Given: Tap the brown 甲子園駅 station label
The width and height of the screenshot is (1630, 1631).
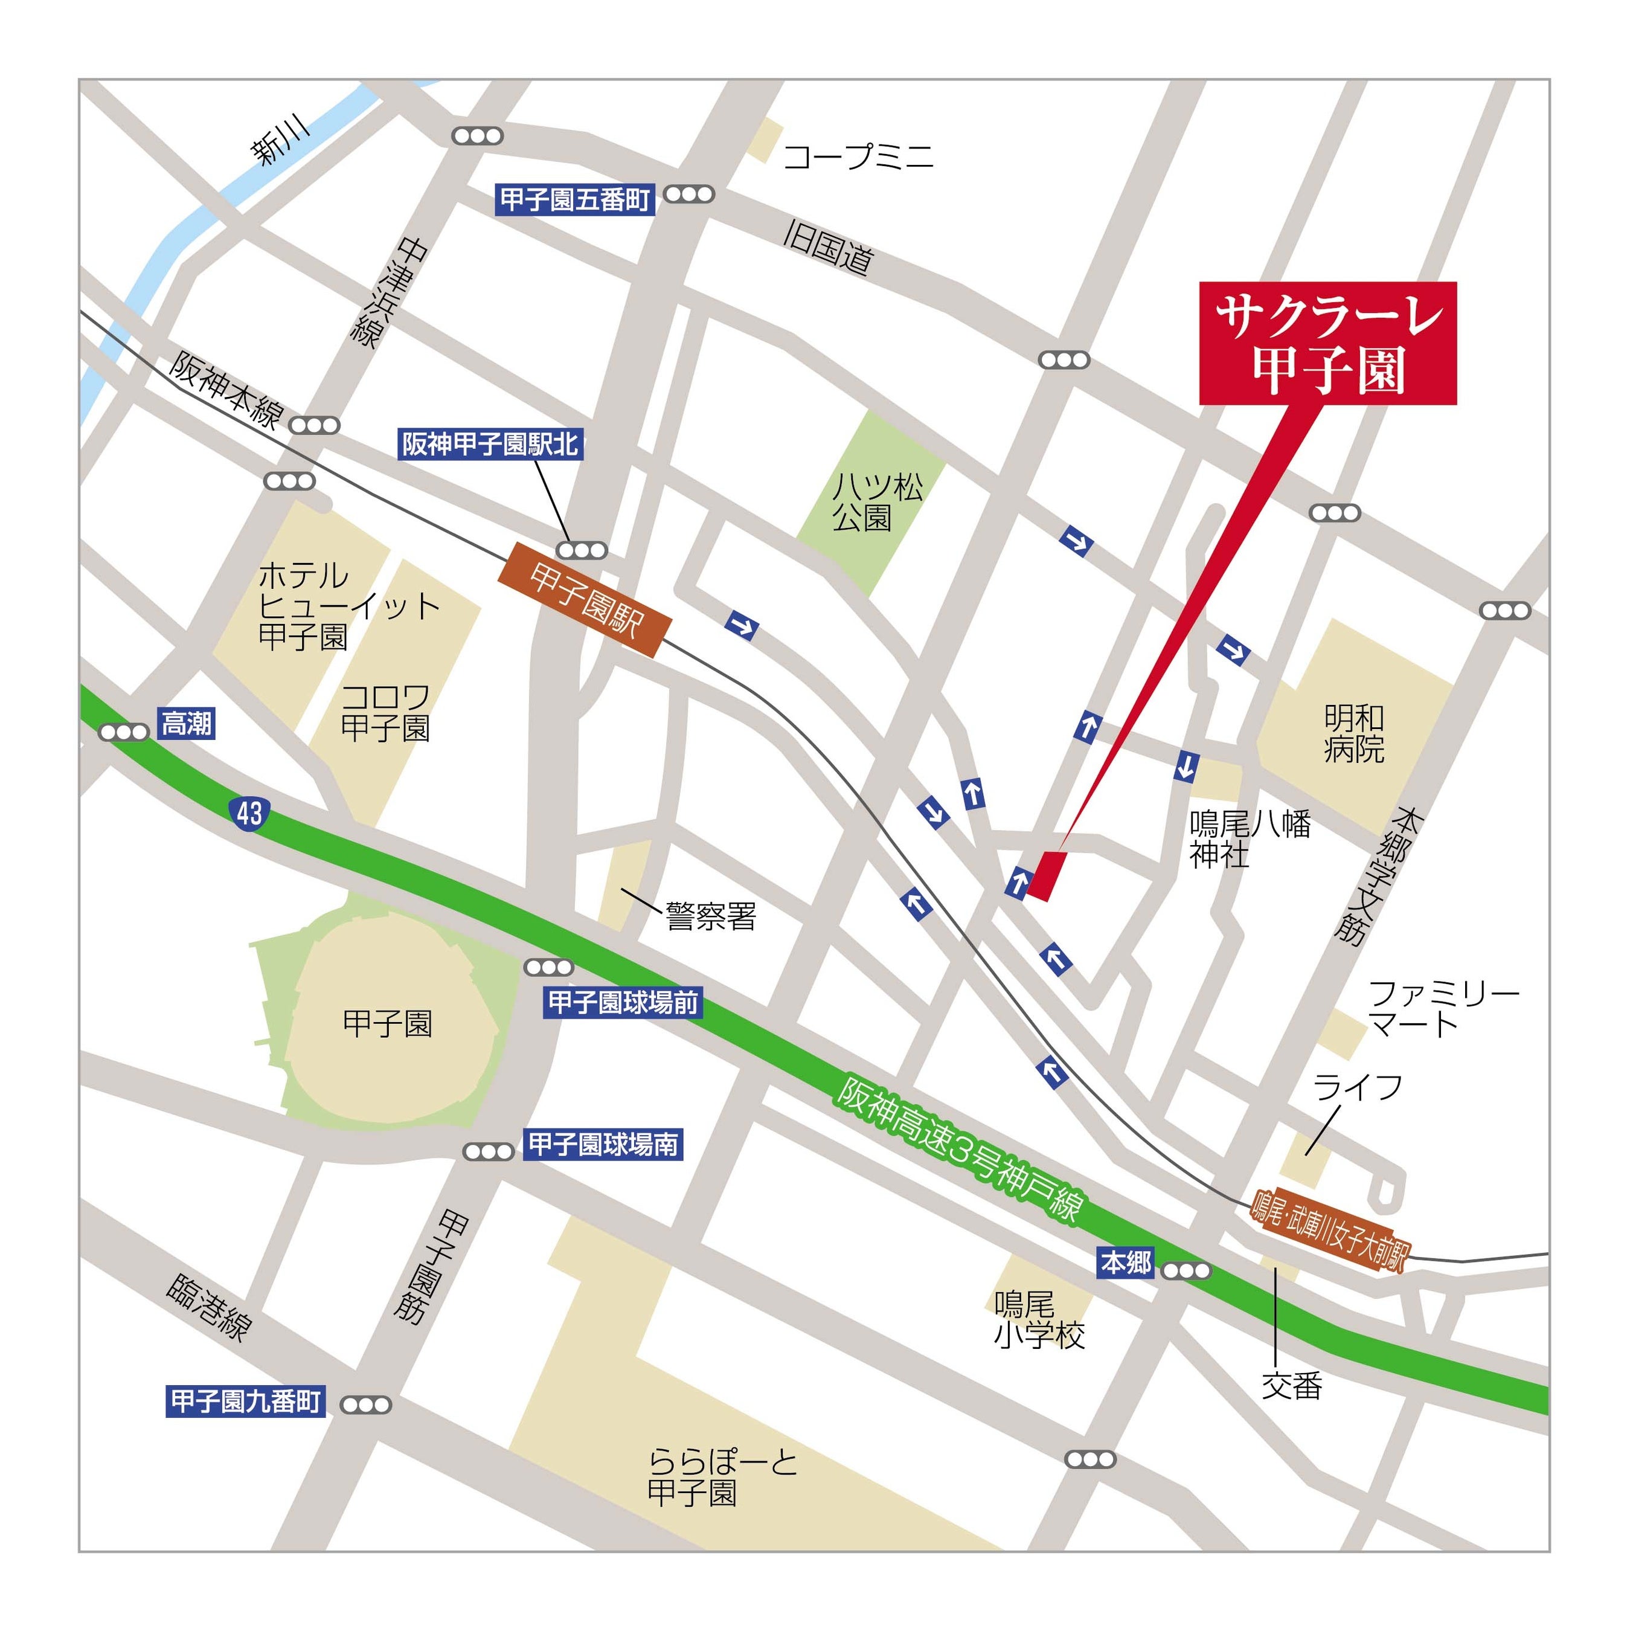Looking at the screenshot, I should coord(586,601).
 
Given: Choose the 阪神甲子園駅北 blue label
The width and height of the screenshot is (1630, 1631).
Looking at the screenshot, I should coord(490,444).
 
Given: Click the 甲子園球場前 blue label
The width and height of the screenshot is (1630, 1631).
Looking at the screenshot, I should coord(623,1003).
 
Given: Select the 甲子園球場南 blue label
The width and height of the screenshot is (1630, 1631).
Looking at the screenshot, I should coord(603,1144).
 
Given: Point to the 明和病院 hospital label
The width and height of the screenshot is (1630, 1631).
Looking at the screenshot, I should coord(1353,733).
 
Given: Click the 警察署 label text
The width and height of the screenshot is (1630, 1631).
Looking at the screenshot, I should coord(711,916).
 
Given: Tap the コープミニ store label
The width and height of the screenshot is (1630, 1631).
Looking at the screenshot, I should coord(858,157).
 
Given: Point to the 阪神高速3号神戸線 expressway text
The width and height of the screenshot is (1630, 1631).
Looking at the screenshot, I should coord(959,1149).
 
